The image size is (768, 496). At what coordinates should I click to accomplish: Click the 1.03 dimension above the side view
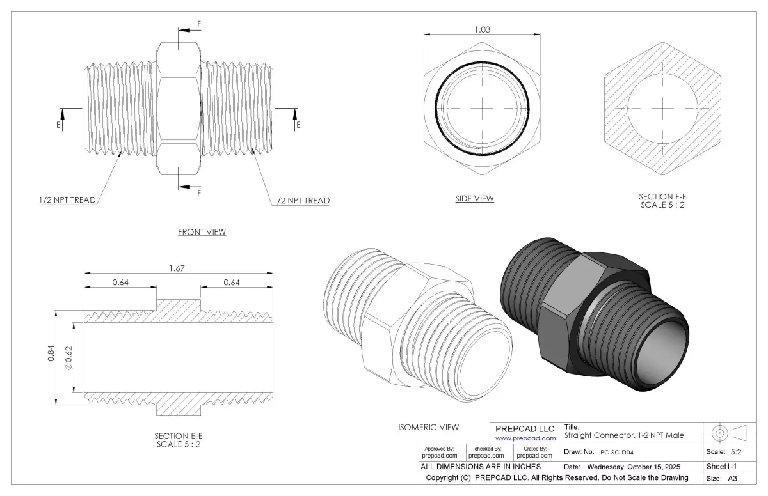(x=482, y=30)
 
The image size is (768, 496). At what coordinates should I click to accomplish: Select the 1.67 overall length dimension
(x=177, y=268)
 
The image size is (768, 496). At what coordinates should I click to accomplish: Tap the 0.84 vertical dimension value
(x=51, y=353)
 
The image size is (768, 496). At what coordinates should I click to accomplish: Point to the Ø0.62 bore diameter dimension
(x=69, y=358)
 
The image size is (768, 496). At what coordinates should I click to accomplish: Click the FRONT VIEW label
(x=202, y=232)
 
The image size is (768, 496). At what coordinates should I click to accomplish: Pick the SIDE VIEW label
(x=474, y=199)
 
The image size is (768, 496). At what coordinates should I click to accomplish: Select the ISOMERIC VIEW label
(x=429, y=427)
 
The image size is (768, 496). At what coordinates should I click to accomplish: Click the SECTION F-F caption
(x=662, y=197)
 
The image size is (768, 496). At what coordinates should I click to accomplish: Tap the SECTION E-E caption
(x=179, y=436)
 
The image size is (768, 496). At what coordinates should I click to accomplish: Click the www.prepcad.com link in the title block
(x=525, y=438)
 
